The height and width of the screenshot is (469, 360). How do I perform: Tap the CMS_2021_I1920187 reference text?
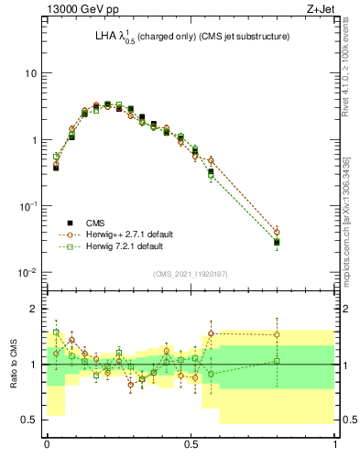(x=191, y=273)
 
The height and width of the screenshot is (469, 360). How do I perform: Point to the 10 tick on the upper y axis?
(x=30, y=73)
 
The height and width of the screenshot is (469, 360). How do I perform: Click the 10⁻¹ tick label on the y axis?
(x=27, y=207)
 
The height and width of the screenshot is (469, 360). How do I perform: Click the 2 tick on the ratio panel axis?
(x=34, y=309)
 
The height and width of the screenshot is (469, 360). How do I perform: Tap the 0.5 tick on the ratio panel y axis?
(x=30, y=420)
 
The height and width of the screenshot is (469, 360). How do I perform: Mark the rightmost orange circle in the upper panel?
(x=277, y=233)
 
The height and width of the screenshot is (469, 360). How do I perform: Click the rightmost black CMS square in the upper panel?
(x=277, y=243)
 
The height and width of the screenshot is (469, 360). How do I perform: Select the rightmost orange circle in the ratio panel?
(x=277, y=334)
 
